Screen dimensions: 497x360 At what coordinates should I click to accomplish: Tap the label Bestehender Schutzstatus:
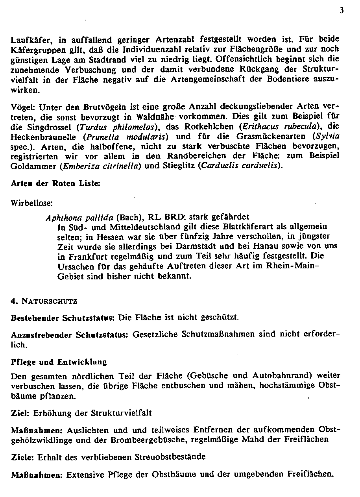(x=63, y=317)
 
